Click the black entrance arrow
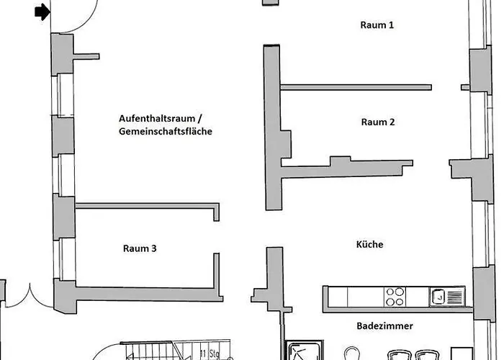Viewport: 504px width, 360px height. click(42, 12)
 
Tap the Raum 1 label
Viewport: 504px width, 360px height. click(377, 25)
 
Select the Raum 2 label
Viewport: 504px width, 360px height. click(378, 122)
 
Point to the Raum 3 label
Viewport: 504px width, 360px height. click(140, 248)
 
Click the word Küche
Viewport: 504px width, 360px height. click(369, 244)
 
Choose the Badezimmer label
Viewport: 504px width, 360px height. click(384, 326)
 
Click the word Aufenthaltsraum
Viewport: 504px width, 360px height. click(157, 118)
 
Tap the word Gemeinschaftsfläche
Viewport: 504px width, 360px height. click(166, 132)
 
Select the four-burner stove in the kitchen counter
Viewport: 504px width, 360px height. click(395, 297)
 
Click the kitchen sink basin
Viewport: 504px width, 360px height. click(438, 297)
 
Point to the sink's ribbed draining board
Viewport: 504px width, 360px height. click(454, 297)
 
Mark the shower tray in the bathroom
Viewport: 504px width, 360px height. click(304, 351)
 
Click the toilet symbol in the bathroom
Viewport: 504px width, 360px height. click(351, 354)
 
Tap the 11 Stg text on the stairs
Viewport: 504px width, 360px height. click(210, 354)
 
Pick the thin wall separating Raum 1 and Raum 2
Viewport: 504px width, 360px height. click(356, 87)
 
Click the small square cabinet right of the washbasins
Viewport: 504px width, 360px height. click(462, 354)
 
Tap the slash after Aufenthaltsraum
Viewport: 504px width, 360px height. click(199, 119)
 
